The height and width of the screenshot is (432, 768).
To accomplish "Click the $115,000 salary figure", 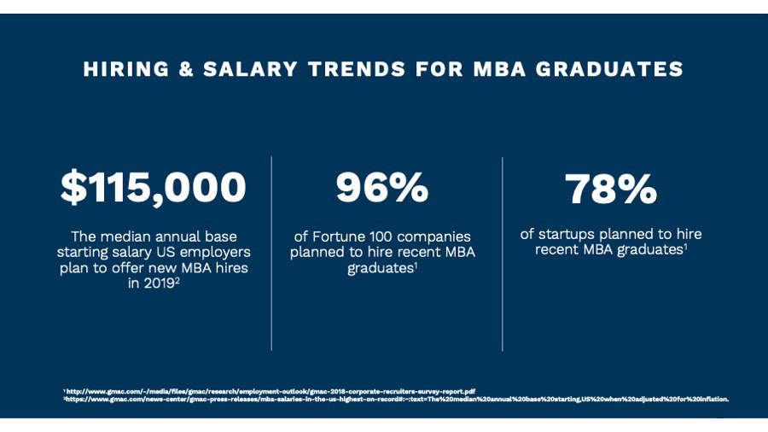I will coord(153,188).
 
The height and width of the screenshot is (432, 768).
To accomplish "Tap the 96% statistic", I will coord(382,188).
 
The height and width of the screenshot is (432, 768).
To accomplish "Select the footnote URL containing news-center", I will coord(396,399).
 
